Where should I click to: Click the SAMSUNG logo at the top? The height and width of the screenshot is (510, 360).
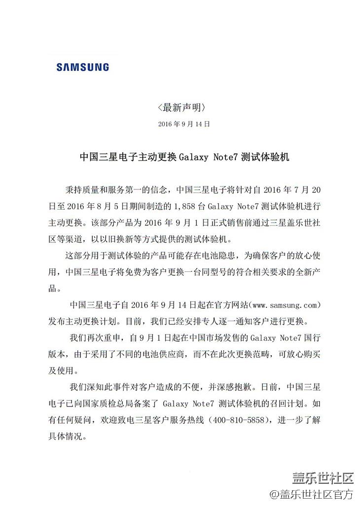click(x=83, y=67)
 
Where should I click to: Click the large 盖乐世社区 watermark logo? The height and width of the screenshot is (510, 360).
click(x=323, y=478)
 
